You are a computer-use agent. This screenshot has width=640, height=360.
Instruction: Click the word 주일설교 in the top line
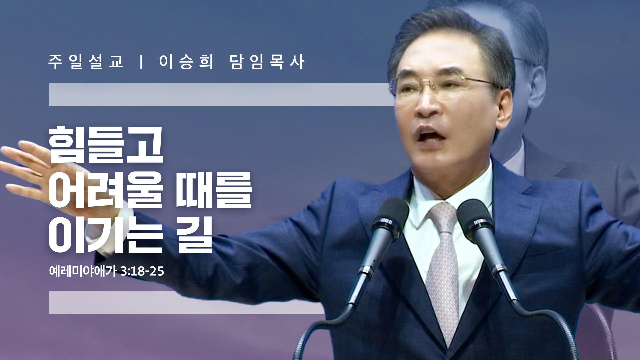pyautogui.click(x=86, y=62)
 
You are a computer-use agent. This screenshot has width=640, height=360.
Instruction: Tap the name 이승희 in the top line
pyautogui.click(x=186, y=62)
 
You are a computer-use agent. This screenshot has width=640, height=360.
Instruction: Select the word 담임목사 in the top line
pyautogui.click(x=267, y=62)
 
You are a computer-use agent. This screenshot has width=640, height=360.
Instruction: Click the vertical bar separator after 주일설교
pyautogui.click(x=142, y=62)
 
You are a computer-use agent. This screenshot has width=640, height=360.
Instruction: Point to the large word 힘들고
pyautogui.click(x=106, y=145)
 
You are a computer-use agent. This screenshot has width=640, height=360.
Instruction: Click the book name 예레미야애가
pyautogui.click(x=83, y=271)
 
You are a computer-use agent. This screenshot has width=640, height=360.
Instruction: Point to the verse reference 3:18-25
pyautogui.click(x=142, y=271)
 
